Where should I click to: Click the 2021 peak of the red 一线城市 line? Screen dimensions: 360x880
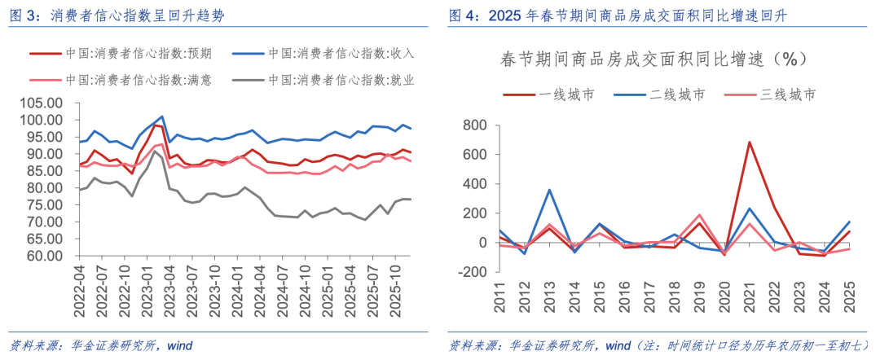(749, 142)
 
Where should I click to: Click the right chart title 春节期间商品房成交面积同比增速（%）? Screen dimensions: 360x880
(652, 59)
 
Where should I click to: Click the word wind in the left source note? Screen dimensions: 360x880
(179, 345)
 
